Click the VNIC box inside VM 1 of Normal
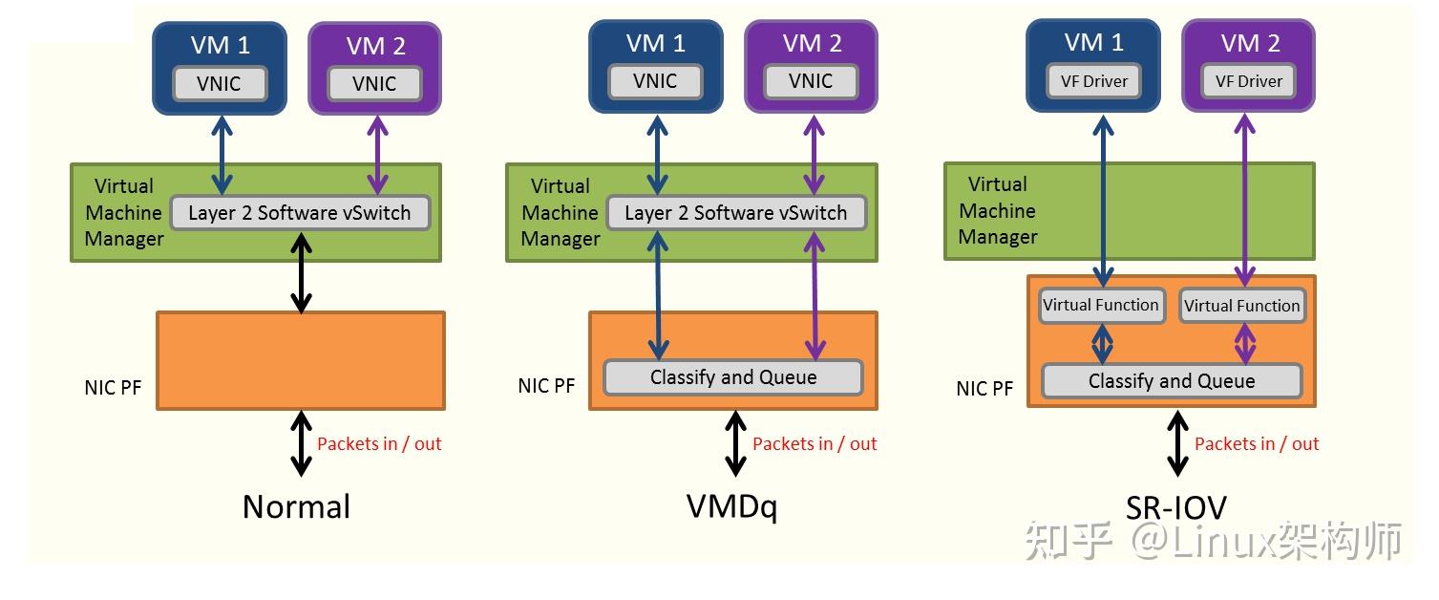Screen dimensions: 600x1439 tap(220, 83)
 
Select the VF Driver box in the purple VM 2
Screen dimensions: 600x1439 tap(1248, 81)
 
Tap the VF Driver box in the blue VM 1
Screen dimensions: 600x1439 tap(1093, 81)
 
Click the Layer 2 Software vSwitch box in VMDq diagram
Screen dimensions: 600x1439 tap(735, 213)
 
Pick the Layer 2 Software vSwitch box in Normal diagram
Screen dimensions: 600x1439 tap(299, 213)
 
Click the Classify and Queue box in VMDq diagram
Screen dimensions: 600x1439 tap(733, 377)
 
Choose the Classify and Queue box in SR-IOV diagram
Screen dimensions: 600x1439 tap(1172, 381)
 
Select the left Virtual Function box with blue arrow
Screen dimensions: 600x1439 tap(1101, 306)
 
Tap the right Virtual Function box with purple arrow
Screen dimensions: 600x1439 tap(1241, 306)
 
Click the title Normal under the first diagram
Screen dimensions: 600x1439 tap(296, 506)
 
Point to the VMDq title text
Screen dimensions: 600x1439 tap(732, 506)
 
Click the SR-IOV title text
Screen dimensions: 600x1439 tap(1175, 507)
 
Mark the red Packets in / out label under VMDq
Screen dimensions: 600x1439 tap(815, 443)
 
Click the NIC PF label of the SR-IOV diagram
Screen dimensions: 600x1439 tap(984, 389)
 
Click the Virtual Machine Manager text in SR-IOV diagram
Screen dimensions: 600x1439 tap(998, 211)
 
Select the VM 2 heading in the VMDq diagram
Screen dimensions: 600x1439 tap(812, 43)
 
